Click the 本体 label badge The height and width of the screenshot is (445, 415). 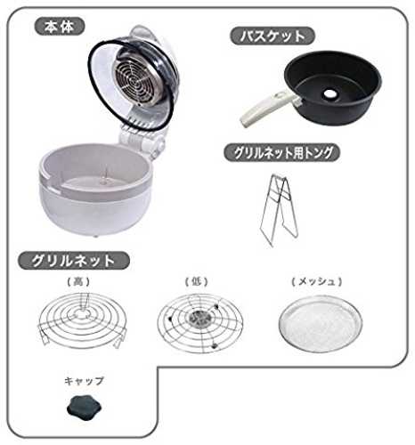coord(60,27)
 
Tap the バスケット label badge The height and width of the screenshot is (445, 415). coord(273,36)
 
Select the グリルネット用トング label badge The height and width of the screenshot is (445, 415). coord(281,153)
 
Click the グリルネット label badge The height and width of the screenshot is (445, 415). coord(74,261)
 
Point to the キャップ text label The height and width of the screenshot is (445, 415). coord(84,381)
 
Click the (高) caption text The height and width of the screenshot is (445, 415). coord(78,281)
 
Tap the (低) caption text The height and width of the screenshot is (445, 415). coord(196,281)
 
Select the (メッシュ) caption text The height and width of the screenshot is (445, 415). coord(317,281)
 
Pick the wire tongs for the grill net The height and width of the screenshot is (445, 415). coord(279,209)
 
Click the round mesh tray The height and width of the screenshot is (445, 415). coord(321,326)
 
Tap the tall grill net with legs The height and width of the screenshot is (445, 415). coord(82,319)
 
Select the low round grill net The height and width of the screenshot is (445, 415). coord(200,323)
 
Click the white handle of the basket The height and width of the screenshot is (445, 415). coord(267,109)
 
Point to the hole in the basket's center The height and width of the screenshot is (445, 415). coord(329,93)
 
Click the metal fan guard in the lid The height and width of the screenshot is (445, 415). coord(138,77)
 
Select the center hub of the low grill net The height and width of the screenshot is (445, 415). coord(199,318)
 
